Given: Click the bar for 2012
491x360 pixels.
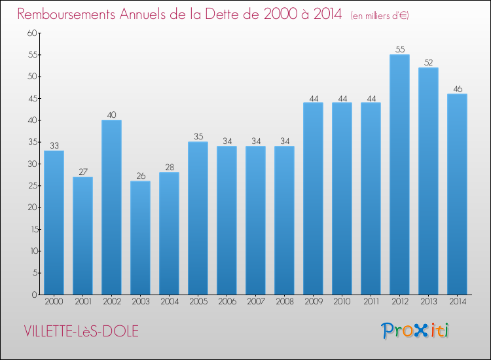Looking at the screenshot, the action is click(x=399, y=175).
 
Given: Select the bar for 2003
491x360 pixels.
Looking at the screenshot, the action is click(x=140, y=238).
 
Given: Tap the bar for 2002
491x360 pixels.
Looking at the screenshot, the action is click(x=111, y=207).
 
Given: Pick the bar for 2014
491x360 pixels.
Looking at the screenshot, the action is click(x=457, y=194).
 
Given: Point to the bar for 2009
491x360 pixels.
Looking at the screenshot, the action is click(x=313, y=198).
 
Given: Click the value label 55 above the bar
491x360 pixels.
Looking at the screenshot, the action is click(x=400, y=49).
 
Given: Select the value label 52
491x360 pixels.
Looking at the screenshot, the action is click(x=428, y=62).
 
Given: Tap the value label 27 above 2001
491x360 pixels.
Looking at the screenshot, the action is click(x=83, y=171).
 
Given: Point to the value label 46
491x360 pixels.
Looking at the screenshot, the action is click(x=458, y=88).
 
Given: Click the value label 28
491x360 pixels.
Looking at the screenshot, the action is click(x=170, y=167).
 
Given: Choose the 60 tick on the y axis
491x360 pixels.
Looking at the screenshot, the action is click(x=32, y=33).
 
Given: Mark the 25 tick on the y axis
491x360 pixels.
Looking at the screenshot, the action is click(x=33, y=186).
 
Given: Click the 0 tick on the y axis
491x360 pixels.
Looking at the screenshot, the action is click(x=35, y=295).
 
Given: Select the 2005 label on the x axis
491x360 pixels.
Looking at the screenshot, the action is click(x=198, y=302).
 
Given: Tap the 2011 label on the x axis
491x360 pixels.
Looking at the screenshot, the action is click(x=371, y=302).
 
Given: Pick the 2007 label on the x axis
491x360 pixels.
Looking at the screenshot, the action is click(x=256, y=302).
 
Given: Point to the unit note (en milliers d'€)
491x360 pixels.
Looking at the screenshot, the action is click(x=380, y=15).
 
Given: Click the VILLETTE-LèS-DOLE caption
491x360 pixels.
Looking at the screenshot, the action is click(x=81, y=331).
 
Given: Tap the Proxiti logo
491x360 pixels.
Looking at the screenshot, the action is click(x=415, y=331).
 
